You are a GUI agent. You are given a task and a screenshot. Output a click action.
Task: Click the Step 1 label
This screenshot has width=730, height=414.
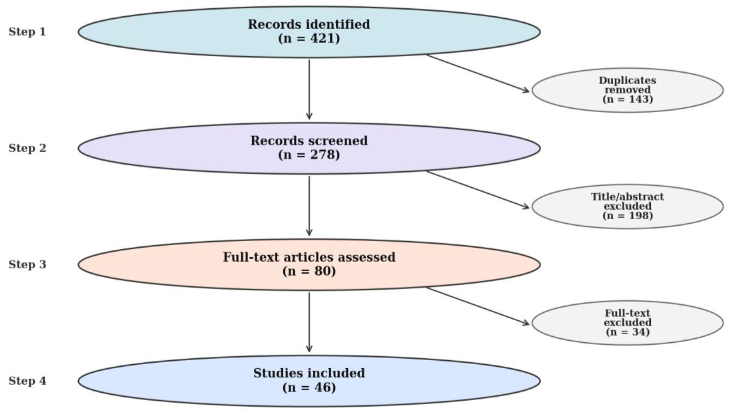point(27,31)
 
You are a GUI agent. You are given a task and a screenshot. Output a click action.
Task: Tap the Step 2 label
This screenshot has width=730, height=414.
point(27,148)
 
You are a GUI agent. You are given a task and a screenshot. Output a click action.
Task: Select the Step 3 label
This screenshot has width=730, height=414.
point(27,264)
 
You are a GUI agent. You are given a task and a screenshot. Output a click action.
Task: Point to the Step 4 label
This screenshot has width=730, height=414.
point(27,381)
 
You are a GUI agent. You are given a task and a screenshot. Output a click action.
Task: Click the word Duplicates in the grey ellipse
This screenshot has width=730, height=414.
point(627,80)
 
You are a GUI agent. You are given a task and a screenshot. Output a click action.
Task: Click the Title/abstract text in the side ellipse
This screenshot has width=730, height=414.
point(627,197)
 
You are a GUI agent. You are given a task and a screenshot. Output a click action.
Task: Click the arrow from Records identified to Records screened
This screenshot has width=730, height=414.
point(309,90)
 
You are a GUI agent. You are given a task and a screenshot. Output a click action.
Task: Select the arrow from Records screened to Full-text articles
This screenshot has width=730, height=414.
point(309,206)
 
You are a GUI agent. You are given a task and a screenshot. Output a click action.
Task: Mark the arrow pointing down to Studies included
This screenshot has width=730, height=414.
point(309,322)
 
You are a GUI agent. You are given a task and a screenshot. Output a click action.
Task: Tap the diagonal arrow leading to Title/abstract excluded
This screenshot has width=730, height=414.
point(478,190)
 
